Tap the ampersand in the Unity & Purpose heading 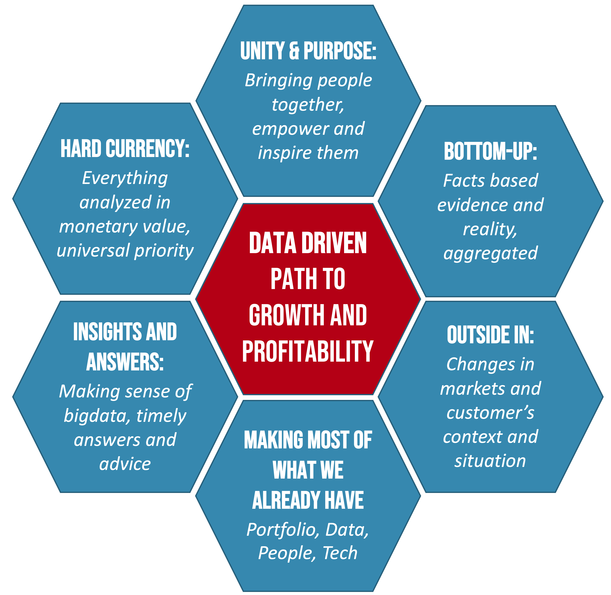coord(294,51)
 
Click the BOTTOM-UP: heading coord(490,152)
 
